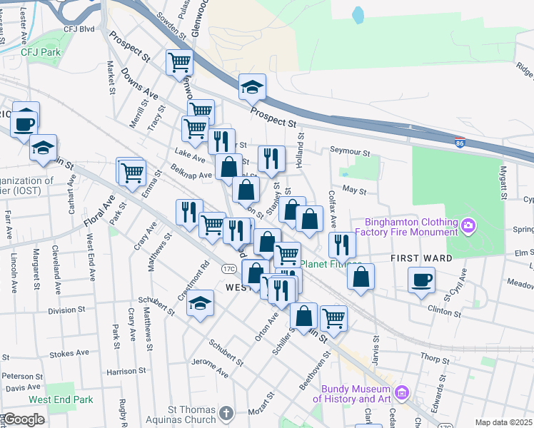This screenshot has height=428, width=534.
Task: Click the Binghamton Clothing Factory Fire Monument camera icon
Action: point(468,226)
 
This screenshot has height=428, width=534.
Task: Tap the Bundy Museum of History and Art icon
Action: point(402,392)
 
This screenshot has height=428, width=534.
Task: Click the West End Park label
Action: point(61,401)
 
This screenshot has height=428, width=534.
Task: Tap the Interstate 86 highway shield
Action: point(460,143)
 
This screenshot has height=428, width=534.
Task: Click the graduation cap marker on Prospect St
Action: point(252,88)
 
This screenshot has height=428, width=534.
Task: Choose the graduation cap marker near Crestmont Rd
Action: point(201,302)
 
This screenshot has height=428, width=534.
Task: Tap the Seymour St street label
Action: point(350,152)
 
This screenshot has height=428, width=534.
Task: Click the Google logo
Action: point(24,419)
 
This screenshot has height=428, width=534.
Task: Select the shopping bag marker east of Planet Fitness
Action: point(361,276)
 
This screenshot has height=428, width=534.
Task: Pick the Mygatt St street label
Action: point(503,182)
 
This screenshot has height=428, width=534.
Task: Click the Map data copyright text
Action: point(503,422)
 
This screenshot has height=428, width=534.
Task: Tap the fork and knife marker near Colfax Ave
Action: point(342,245)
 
